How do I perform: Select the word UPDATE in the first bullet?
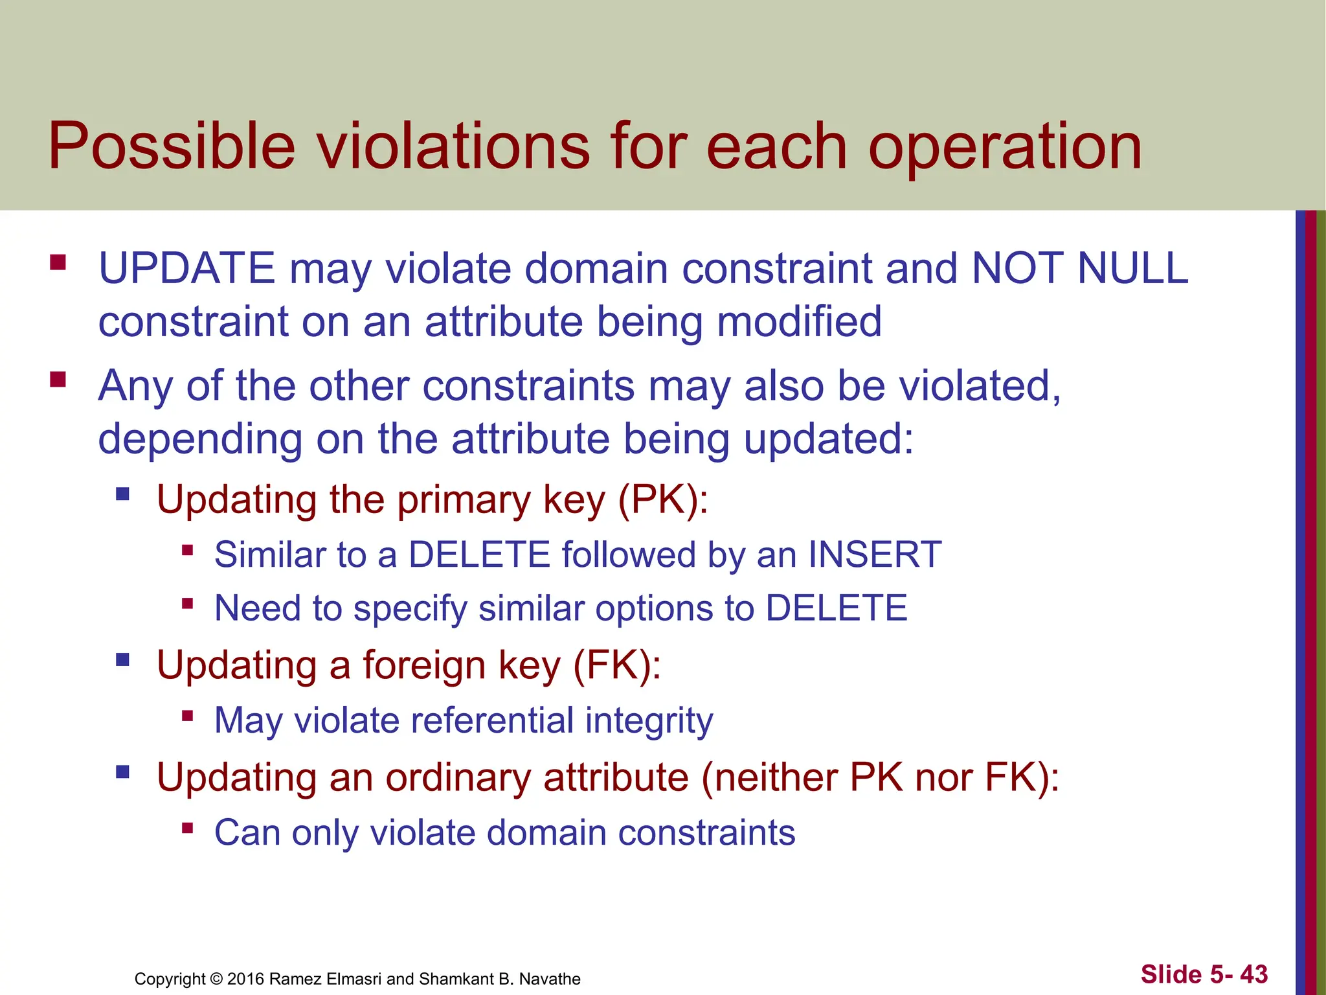coord(187,268)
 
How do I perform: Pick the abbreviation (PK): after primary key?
coord(664,500)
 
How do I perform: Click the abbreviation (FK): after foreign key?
coord(617,665)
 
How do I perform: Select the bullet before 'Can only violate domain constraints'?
coord(188,827)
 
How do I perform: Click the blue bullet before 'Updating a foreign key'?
coord(122,660)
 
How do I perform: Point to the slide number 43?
coord(1253,974)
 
